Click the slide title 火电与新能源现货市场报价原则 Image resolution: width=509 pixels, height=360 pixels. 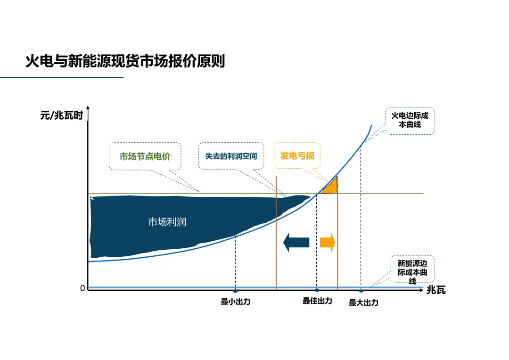(125, 62)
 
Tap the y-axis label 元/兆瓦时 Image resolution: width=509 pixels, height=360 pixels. (61, 115)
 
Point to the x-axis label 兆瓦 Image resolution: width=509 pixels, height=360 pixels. (436, 290)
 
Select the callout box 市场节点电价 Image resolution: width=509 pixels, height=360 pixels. (145, 156)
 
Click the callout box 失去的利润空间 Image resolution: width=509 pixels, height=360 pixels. (231, 156)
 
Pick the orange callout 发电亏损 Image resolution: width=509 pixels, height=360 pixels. (297, 155)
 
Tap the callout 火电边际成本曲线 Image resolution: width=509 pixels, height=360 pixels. (410, 121)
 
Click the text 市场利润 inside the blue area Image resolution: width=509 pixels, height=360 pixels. (167, 222)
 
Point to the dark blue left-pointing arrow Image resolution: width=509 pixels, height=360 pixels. (296, 242)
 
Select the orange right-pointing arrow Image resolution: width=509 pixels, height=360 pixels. (328, 242)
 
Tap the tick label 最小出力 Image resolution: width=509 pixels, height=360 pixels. (235, 302)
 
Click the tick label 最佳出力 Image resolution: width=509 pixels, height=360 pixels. (317, 301)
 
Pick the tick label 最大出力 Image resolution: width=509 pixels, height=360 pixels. (363, 303)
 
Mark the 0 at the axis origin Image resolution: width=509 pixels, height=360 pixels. (82, 288)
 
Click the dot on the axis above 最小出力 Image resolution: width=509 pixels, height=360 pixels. (235, 290)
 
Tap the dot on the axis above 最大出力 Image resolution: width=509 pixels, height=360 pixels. (361, 290)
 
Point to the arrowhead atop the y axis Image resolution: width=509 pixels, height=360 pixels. (88, 110)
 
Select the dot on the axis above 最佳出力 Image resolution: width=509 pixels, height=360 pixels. (317, 290)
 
